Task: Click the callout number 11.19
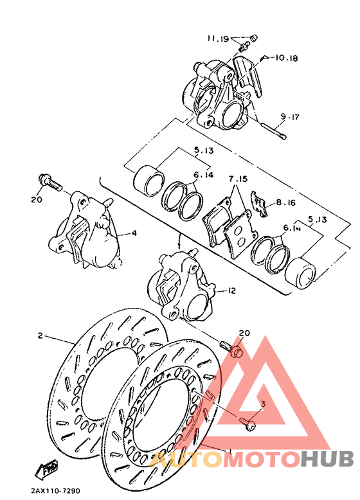[218, 39]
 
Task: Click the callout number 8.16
[286, 202]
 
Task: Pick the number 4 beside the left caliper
[134, 233]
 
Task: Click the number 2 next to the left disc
[40, 335]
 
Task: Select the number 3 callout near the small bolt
[262, 403]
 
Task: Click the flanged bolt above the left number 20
[50, 183]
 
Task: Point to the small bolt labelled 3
[249, 423]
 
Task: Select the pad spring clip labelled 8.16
[259, 204]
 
